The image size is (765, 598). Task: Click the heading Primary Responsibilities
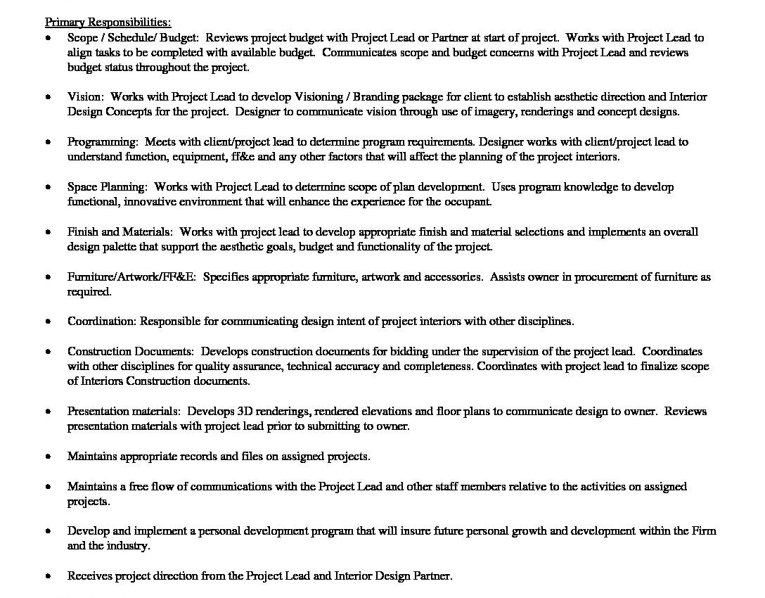pos(108,23)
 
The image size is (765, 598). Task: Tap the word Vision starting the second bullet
pos(85,96)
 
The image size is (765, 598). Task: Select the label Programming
pos(102,141)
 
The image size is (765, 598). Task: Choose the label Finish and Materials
pos(120,231)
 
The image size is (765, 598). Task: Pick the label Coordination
pos(101,322)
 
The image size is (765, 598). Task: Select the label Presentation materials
pos(124,411)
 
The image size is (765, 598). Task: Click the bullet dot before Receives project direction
pos(48,576)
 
